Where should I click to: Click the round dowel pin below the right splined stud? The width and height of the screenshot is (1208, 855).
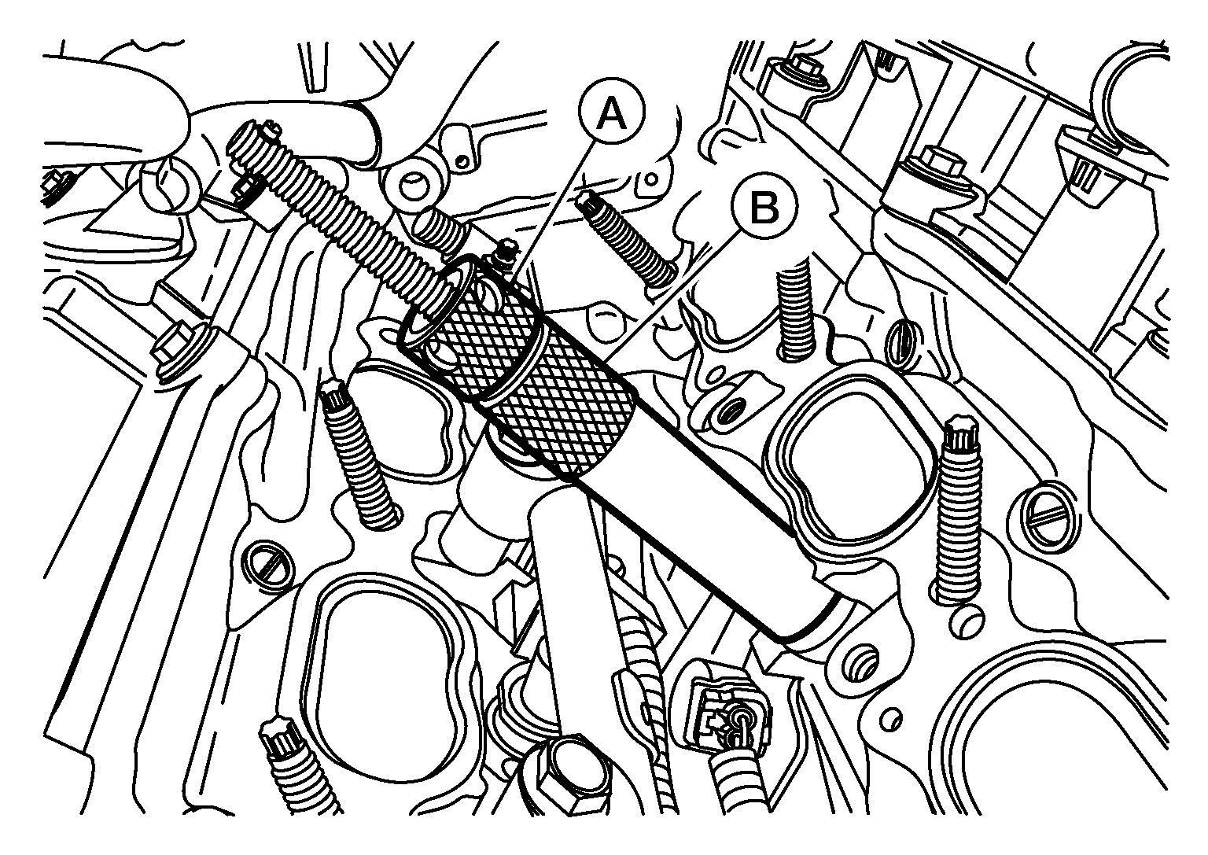point(970,621)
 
